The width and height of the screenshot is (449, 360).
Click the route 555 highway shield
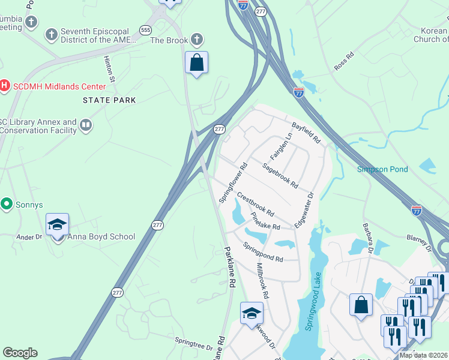[145, 29]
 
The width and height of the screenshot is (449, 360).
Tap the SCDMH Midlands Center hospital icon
[5, 86]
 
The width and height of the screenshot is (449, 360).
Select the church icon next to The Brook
[196, 40]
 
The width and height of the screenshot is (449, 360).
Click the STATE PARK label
[110, 100]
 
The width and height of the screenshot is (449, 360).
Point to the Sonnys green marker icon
[7, 205]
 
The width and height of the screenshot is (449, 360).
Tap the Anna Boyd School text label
[101, 236]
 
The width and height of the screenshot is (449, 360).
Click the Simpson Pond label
[382, 169]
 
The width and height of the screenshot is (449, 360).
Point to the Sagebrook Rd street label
[280, 175]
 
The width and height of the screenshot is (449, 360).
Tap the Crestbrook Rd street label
[255, 204]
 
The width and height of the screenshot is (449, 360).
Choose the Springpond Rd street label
[263, 251]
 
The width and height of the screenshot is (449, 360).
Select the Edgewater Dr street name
[303, 210]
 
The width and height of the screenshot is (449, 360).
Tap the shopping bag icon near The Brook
[196, 62]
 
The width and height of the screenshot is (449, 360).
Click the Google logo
[20, 353]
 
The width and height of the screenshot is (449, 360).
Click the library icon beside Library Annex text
[86, 125]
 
